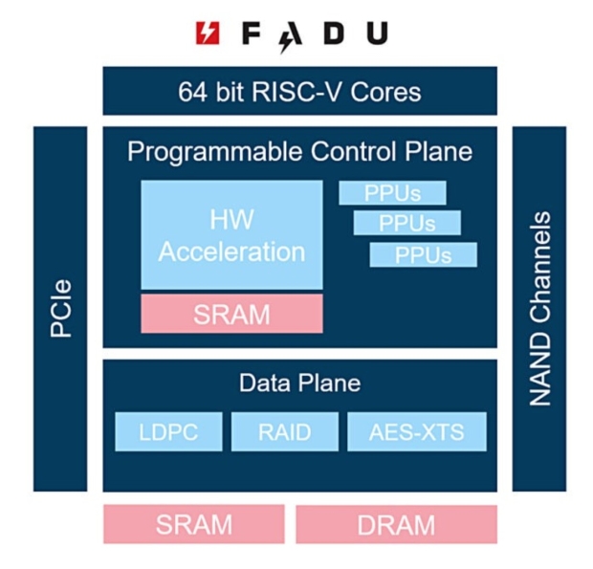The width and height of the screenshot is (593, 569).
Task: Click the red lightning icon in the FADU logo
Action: click(207, 33)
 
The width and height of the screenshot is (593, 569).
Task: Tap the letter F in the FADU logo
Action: click(252, 33)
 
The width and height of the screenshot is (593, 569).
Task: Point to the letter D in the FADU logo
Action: click(334, 33)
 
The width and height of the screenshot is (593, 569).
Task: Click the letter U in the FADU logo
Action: click(377, 33)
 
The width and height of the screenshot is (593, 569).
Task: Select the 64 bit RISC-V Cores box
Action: click(299, 92)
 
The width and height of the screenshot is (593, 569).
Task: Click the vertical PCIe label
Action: click(60, 308)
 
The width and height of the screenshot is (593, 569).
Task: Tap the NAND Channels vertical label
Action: click(539, 308)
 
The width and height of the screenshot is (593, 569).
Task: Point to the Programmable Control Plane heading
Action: click(299, 152)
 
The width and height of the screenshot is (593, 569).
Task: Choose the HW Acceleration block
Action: click(231, 234)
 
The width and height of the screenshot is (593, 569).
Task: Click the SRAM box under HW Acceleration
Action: click(231, 314)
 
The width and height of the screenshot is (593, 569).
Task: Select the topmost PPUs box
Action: click(392, 193)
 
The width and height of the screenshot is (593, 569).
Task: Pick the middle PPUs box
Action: click(407, 224)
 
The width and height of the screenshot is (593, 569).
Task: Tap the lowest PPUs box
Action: click(423, 255)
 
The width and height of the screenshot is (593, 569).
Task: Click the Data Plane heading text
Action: click(299, 383)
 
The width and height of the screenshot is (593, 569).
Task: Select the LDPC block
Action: click(168, 432)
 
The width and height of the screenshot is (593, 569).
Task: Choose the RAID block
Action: click(284, 432)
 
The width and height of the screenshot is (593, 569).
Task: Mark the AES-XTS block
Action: click(416, 432)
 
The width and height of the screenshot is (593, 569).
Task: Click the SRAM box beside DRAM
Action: click(193, 524)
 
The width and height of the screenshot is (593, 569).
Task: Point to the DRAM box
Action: click(396, 524)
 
